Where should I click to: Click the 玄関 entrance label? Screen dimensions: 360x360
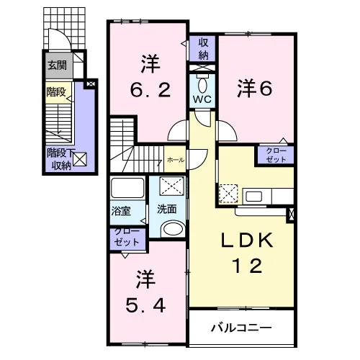(57, 65)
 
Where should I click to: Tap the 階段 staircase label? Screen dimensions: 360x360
(56, 91)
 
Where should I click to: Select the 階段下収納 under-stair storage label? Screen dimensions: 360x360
(61, 159)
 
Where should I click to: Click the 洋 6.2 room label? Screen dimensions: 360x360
(150, 76)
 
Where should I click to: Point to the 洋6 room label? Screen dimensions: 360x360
(255, 89)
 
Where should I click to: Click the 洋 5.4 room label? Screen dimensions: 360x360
(145, 291)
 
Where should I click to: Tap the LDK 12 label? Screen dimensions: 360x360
(247, 253)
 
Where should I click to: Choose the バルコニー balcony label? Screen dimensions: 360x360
(241, 328)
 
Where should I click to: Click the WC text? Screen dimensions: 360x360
(202, 99)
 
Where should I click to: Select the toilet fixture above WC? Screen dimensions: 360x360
(202, 84)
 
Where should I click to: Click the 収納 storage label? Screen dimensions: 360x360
(203, 49)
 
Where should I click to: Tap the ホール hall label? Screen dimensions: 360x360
(176, 160)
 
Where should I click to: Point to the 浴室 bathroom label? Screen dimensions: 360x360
(121, 211)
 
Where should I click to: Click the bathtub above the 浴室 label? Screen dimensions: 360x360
(127, 188)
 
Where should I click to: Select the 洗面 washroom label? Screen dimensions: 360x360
(167, 210)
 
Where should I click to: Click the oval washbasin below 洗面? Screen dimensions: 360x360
(174, 229)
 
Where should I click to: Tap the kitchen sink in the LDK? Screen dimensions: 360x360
(253, 197)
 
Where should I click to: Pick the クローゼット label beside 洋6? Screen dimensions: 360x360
(276, 155)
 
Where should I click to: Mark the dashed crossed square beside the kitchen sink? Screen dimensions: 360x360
(228, 194)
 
